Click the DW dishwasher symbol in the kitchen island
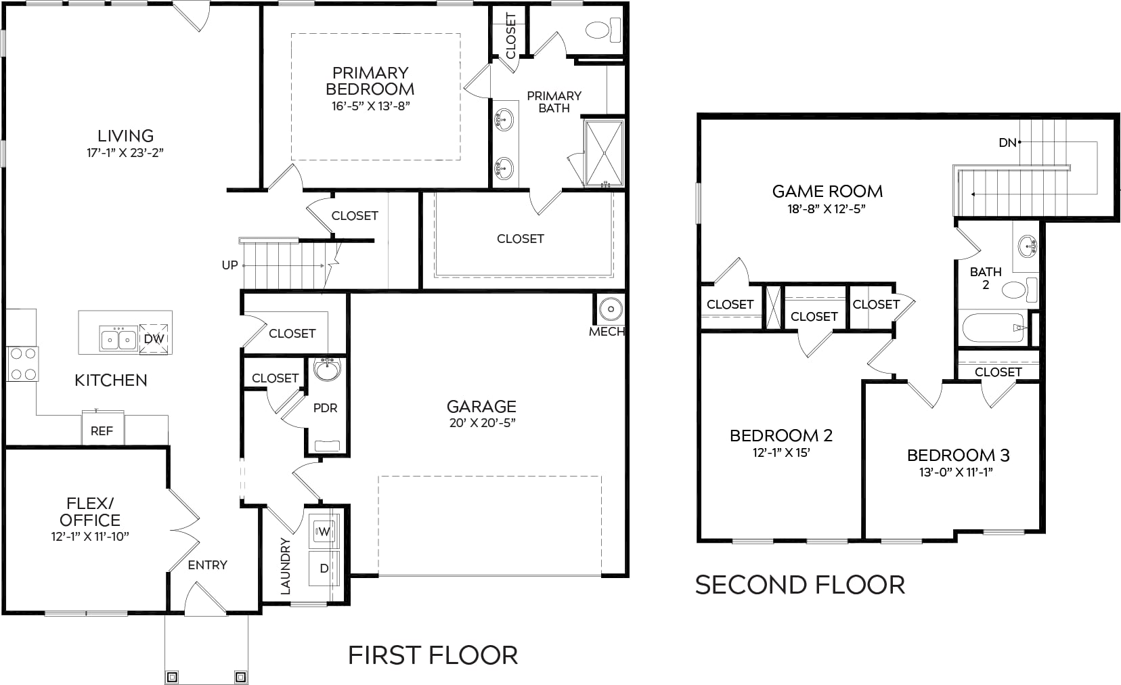pyautogui.click(x=154, y=338)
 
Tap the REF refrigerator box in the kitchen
pyautogui.click(x=103, y=428)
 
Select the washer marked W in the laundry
pyautogui.click(x=324, y=531)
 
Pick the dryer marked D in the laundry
pyautogui.click(x=324, y=568)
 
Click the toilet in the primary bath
pyautogui.click(x=603, y=30)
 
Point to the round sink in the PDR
pyautogui.click(x=327, y=370)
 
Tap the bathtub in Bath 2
pyautogui.click(x=993, y=328)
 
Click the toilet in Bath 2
pyautogui.click(x=1020, y=290)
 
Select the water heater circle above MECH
pyautogui.click(x=611, y=309)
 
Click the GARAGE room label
pyautogui.click(x=481, y=406)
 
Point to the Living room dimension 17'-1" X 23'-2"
pyautogui.click(x=125, y=152)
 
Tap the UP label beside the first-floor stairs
pyautogui.click(x=229, y=265)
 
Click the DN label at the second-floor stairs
pyautogui.click(x=1007, y=143)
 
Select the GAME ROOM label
pyautogui.click(x=827, y=191)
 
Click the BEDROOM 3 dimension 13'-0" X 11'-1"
pyautogui.click(x=956, y=472)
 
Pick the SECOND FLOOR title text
pyautogui.click(x=800, y=584)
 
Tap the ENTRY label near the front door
pyautogui.click(x=208, y=565)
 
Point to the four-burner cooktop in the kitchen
pyautogui.click(x=23, y=363)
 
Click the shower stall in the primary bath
pyautogui.click(x=605, y=153)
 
